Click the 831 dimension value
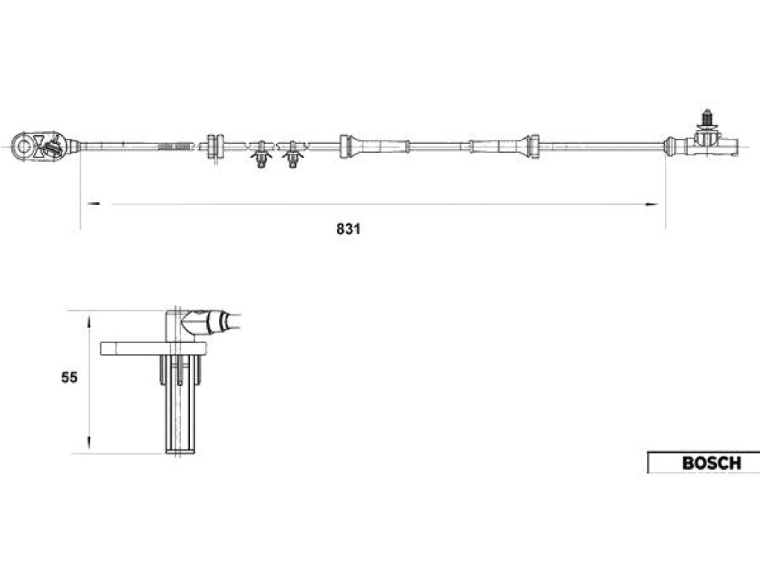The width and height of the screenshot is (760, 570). click(x=349, y=229)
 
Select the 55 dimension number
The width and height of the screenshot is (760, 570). click(x=69, y=378)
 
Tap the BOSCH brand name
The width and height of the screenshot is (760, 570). click(x=712, y=463)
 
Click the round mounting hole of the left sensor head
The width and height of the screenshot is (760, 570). click(x=22, y=145)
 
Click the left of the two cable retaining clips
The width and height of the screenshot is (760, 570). click(x=261, y=154)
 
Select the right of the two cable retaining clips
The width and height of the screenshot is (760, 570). click(x=292, y=154)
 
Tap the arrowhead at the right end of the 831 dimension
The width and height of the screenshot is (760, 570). click(x=652, y=204)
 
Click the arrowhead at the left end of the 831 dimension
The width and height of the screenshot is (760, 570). click(x=93, y=204)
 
